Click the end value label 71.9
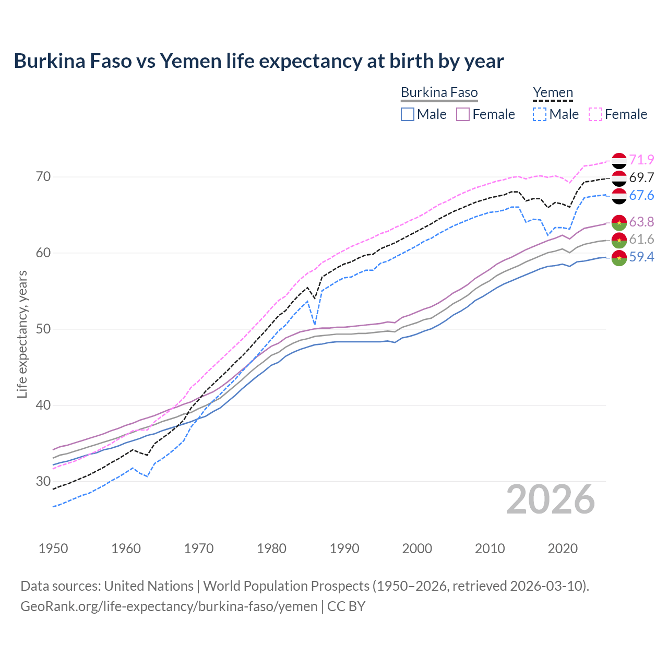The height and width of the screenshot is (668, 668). [641, 160]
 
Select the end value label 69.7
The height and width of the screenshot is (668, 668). [641, 177]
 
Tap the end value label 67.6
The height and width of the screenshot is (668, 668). [641, 195]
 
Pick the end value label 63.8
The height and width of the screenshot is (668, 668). [641, 222]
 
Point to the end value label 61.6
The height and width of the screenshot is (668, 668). [641, 240]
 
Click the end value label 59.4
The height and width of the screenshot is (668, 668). [641, 257]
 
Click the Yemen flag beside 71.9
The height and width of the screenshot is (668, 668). [619, 161]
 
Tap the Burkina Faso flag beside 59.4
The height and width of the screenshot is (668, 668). [619, 258]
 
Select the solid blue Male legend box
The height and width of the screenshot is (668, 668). [408, 114]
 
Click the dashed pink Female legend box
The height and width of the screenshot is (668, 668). [595, 114]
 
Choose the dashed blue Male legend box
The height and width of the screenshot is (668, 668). [540, 114]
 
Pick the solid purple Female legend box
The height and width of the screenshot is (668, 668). [463, 114]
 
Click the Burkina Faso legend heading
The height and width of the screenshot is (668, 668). [439, 93]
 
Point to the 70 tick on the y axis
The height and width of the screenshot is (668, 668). [44, 177]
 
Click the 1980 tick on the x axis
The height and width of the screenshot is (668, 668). [271, 548]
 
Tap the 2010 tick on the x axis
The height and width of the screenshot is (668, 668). [490, 548]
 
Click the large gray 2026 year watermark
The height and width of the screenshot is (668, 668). [551, 499]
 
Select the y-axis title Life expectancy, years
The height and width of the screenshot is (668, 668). [22, 334]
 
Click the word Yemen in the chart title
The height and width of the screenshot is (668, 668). [190, 61]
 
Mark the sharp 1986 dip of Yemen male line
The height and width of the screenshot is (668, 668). [315, 325]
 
